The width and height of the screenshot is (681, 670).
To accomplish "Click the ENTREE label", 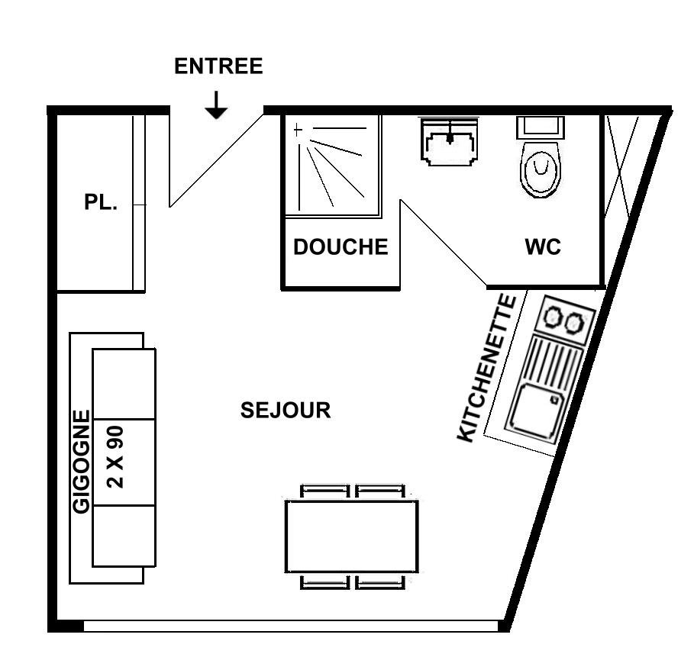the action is click(x=218, y=66).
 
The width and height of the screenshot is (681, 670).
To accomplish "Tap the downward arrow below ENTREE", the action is click(x=216, y=105).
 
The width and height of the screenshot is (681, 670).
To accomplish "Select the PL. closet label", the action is click(x=101, y=202).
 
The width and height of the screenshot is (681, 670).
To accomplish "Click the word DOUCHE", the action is click(x=340, y=246).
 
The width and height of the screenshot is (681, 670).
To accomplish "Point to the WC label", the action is click(x=543, y=246).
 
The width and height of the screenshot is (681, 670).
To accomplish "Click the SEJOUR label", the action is click(x=286, y=411).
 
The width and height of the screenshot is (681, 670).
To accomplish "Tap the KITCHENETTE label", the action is click(x=487, y=369).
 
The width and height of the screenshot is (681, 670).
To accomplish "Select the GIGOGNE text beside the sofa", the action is click(x=81, y=462).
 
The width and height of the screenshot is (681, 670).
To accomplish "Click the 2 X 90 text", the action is click(x=115, y=457).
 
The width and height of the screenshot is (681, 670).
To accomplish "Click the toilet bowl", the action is click(x=541, y=169).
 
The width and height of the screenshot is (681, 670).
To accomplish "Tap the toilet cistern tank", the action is click(x=541, y=127).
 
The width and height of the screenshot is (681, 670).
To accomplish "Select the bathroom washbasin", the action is click(x=450, y=142).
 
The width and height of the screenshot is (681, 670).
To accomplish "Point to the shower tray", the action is click(x=333, y=166).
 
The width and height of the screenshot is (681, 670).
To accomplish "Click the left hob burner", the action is click(x=554, y=316).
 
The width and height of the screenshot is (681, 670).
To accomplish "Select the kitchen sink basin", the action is click(x=534, y=411).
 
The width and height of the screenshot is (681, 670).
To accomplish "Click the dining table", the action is click(x=352, y=536).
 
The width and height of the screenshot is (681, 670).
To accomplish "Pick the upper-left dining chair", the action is click(x=325, y=491).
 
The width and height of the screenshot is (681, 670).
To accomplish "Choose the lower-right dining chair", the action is click(x=380, y=581).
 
